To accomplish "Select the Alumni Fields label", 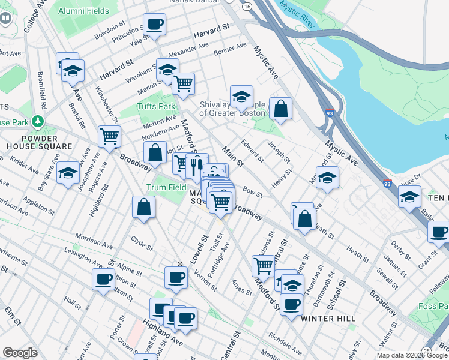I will point(85,11).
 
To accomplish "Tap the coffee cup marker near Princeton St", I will point(154,25).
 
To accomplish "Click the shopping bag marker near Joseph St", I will point(280,109).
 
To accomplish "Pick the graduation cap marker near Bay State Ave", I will point(69,173).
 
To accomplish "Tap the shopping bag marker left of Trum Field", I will point(144,208).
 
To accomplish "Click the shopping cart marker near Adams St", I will point(264,265).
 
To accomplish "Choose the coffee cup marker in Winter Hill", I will point(292,305).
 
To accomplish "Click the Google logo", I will point(20,353).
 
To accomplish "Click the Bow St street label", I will point(253,193).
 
